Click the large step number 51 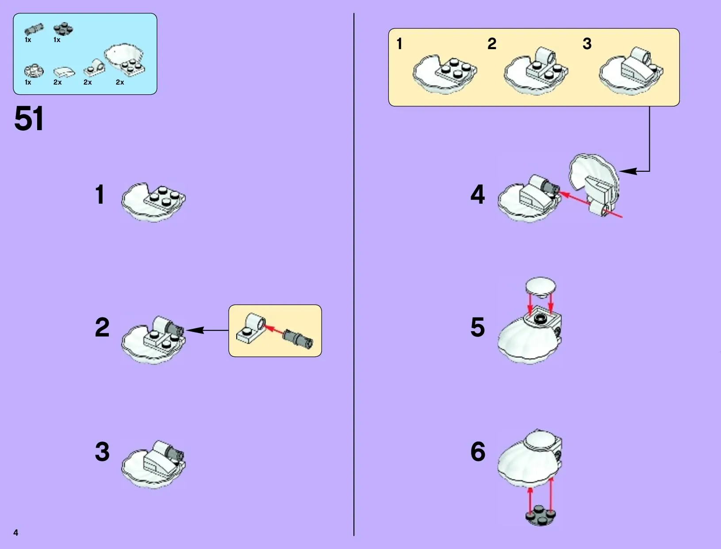(29, 118)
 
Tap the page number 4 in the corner (16, 532)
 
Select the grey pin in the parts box (34, 30)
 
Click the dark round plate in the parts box (63, 29)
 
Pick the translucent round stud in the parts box (34, 71)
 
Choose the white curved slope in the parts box (64, 72)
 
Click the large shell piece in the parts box (124, 60)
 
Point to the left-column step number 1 (100, 194)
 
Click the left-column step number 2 (102, 327)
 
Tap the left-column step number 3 (102, 452)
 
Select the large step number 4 (478, 194)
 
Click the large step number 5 (478, 327)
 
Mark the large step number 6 (478, 452)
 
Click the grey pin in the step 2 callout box (298, 339)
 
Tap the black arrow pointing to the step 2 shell (207, 330)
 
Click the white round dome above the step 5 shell (541, 286)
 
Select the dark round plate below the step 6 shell (541, 515)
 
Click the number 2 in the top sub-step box (492, 43)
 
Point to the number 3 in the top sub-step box (587, 43)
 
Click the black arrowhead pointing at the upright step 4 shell (628, 171)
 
